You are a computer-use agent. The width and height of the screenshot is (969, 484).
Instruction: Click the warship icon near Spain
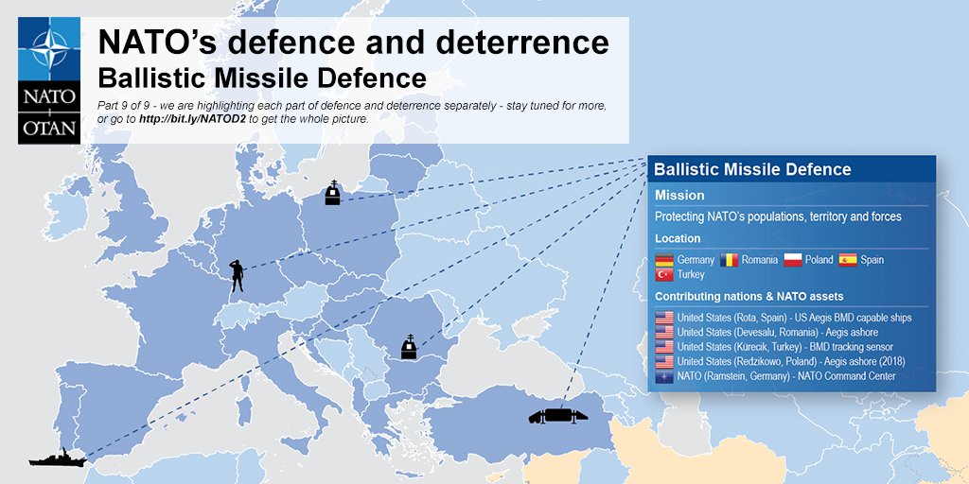(x=58, y=458)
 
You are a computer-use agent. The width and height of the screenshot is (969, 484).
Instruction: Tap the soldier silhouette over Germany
(x=238, y=275)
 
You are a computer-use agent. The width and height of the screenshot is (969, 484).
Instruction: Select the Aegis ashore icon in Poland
(x=332, y=193)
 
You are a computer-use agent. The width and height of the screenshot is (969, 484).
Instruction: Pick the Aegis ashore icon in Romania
(x=409, y=347)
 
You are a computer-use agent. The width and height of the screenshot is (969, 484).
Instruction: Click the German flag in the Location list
(x=663, y=259)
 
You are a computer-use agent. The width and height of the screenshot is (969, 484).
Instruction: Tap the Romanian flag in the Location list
(x=729, y=259)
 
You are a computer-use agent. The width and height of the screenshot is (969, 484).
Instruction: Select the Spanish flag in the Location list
(x=847, y=259)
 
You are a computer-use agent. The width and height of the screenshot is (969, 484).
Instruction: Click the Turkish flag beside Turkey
(x=663, y=274)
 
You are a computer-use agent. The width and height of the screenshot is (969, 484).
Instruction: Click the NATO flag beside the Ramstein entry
(x=663, y=376)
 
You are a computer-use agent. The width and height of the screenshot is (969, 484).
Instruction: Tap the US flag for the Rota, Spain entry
(x=663, y=318)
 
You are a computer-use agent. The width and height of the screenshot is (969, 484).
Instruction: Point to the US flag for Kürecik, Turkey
(x=663, y=347)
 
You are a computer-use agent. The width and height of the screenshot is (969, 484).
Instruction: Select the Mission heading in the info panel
(x=679, y=195)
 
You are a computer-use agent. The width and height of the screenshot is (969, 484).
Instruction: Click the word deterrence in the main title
(x=514, y=42)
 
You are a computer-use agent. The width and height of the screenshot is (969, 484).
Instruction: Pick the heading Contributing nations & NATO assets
(x=749, y=296)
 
